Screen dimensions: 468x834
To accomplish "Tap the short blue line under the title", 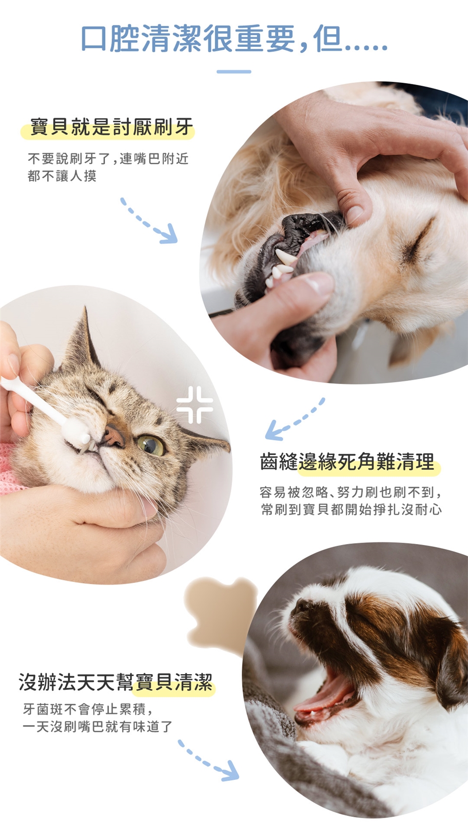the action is tap(234, 72).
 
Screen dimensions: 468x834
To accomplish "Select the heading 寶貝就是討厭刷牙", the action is tap(111, 127).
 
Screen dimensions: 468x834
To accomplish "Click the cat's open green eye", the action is tap(151, 445).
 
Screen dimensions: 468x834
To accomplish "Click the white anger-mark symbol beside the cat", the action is tap(195, 405).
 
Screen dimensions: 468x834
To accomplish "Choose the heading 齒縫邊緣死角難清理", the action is tap(348, 462).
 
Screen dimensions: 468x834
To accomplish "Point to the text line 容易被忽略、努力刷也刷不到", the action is tap(351, 492).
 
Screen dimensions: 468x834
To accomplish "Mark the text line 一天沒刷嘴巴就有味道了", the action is tap(97, 726).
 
